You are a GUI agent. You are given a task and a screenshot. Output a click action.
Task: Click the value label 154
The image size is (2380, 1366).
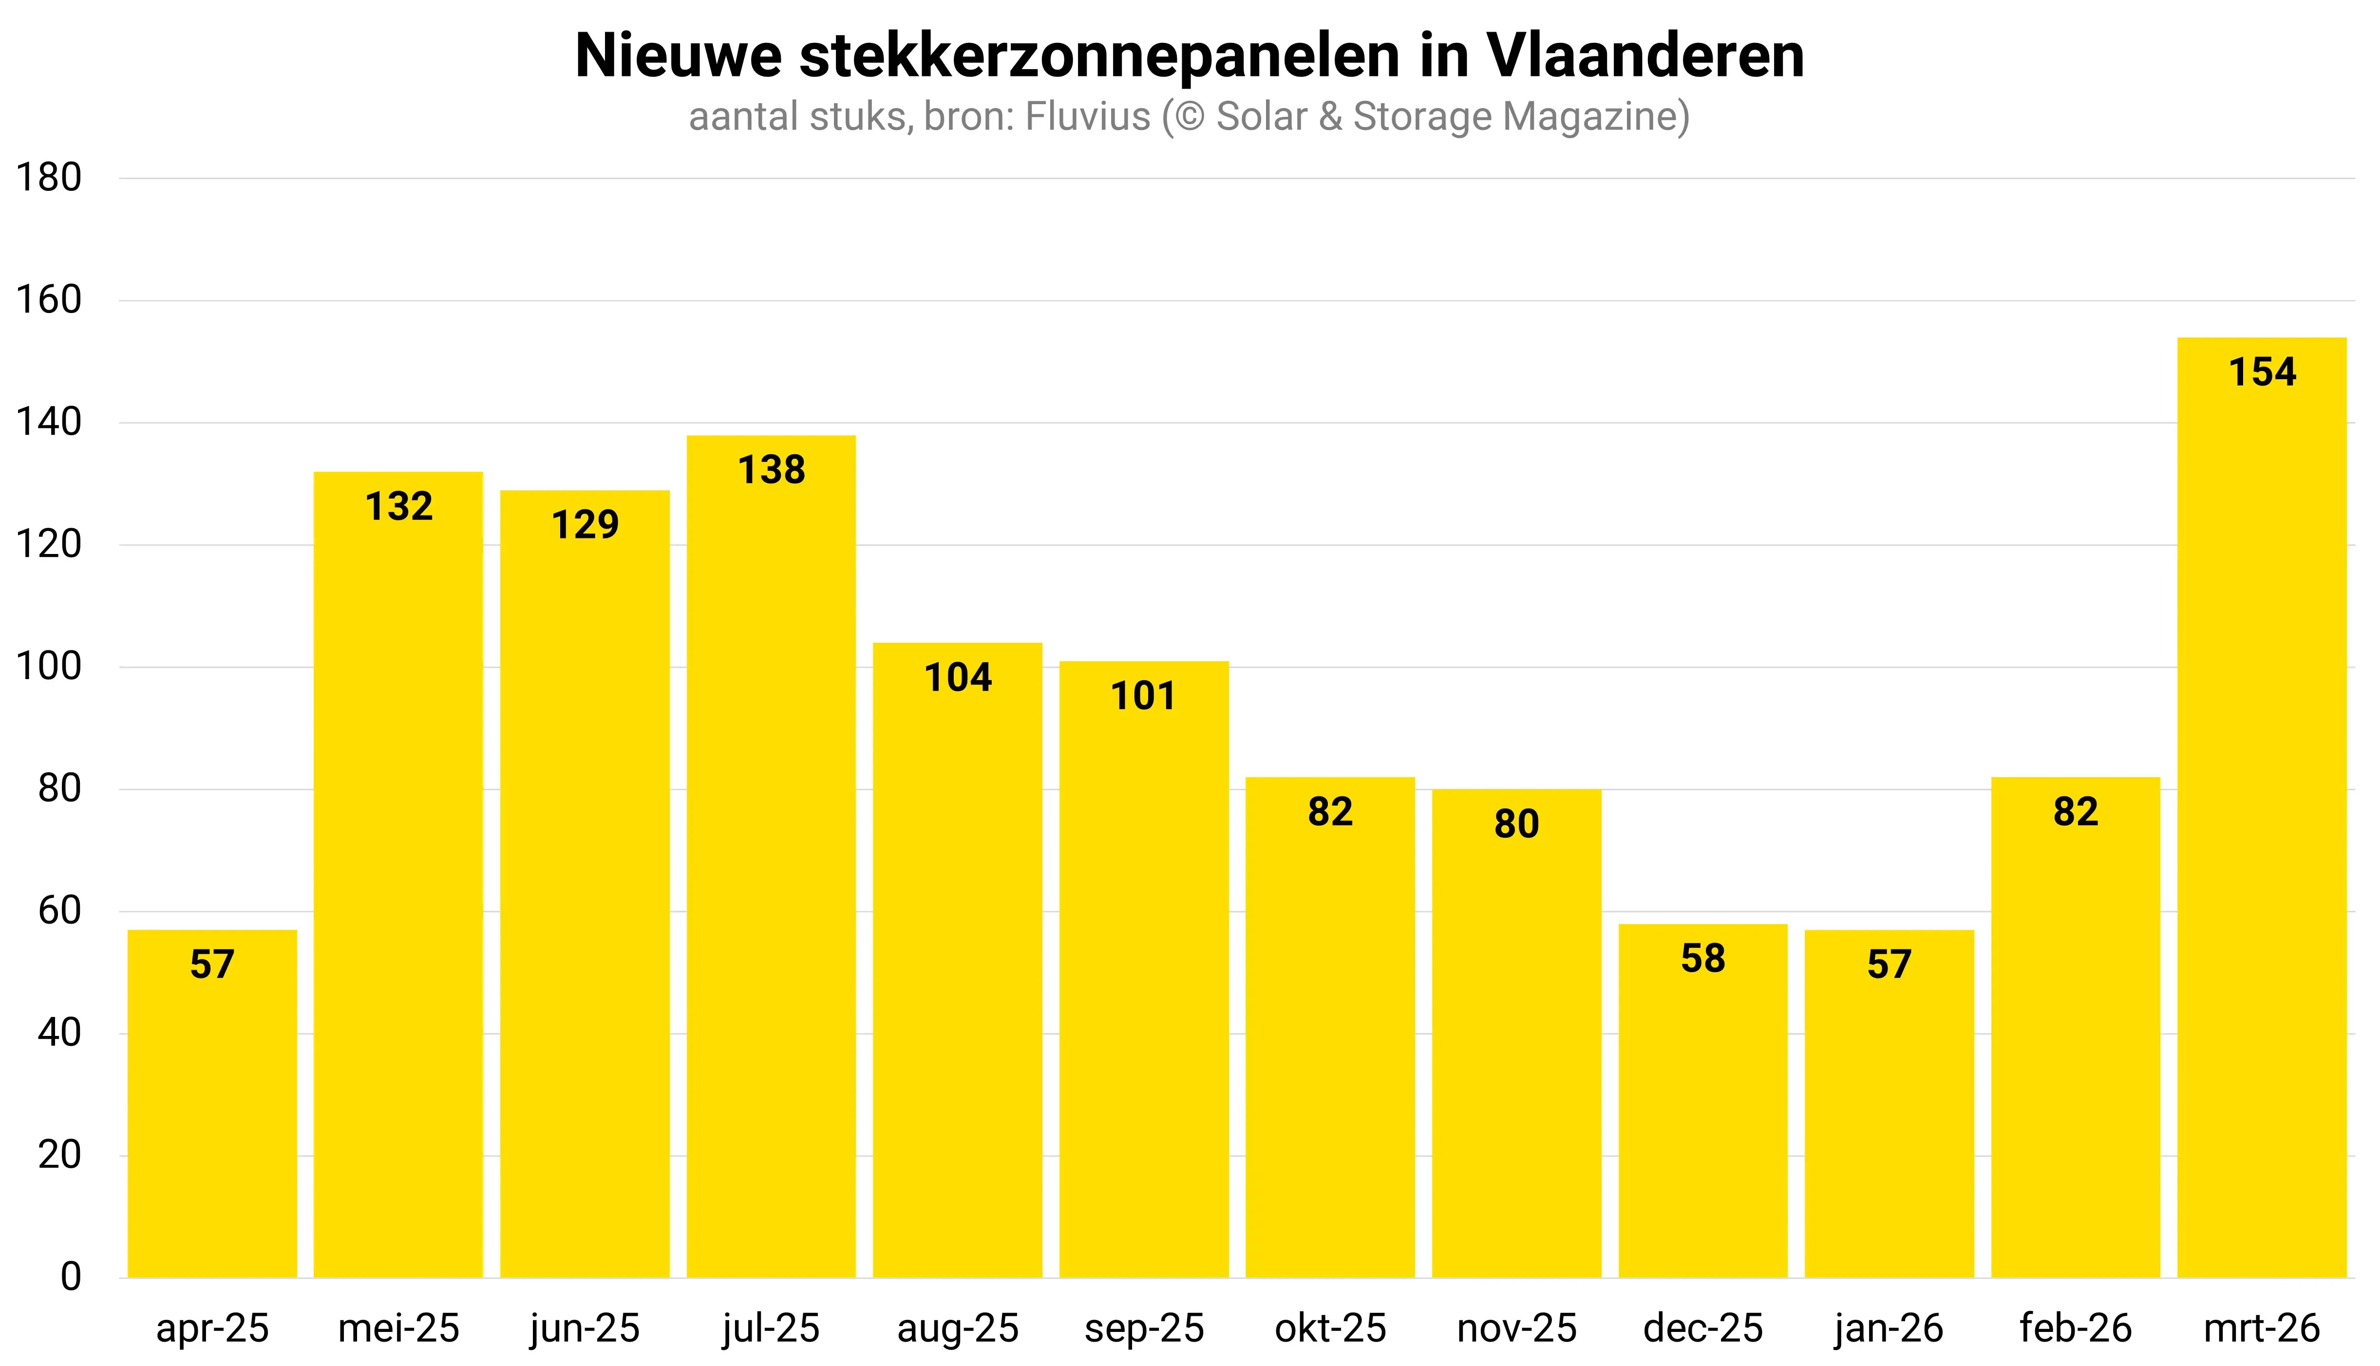[2262, 372]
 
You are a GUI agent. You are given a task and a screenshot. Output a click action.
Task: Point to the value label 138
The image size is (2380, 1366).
[771, 470]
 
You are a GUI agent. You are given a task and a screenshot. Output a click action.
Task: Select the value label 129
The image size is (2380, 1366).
[585, 524]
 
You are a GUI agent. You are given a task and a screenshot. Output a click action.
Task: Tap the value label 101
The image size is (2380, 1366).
[1143, 696]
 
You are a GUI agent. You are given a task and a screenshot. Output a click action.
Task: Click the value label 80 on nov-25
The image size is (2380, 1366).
[1516, 824]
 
